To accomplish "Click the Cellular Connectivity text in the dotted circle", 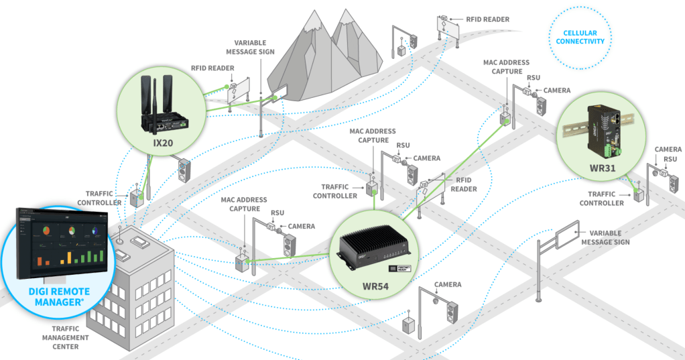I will pyautogui.click(x=580, y=37).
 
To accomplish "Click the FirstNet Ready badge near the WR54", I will pyautogui.click(x=402, y=267).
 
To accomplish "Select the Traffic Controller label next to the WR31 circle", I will pyautogui.click(x=601, y=198).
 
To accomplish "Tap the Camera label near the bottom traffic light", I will pyautogui.click(x=448, y=284).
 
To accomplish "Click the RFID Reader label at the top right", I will pyautogui.click(x=488, y=19).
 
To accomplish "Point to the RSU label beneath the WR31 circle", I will pyautogui.click(x=670, y=159).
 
